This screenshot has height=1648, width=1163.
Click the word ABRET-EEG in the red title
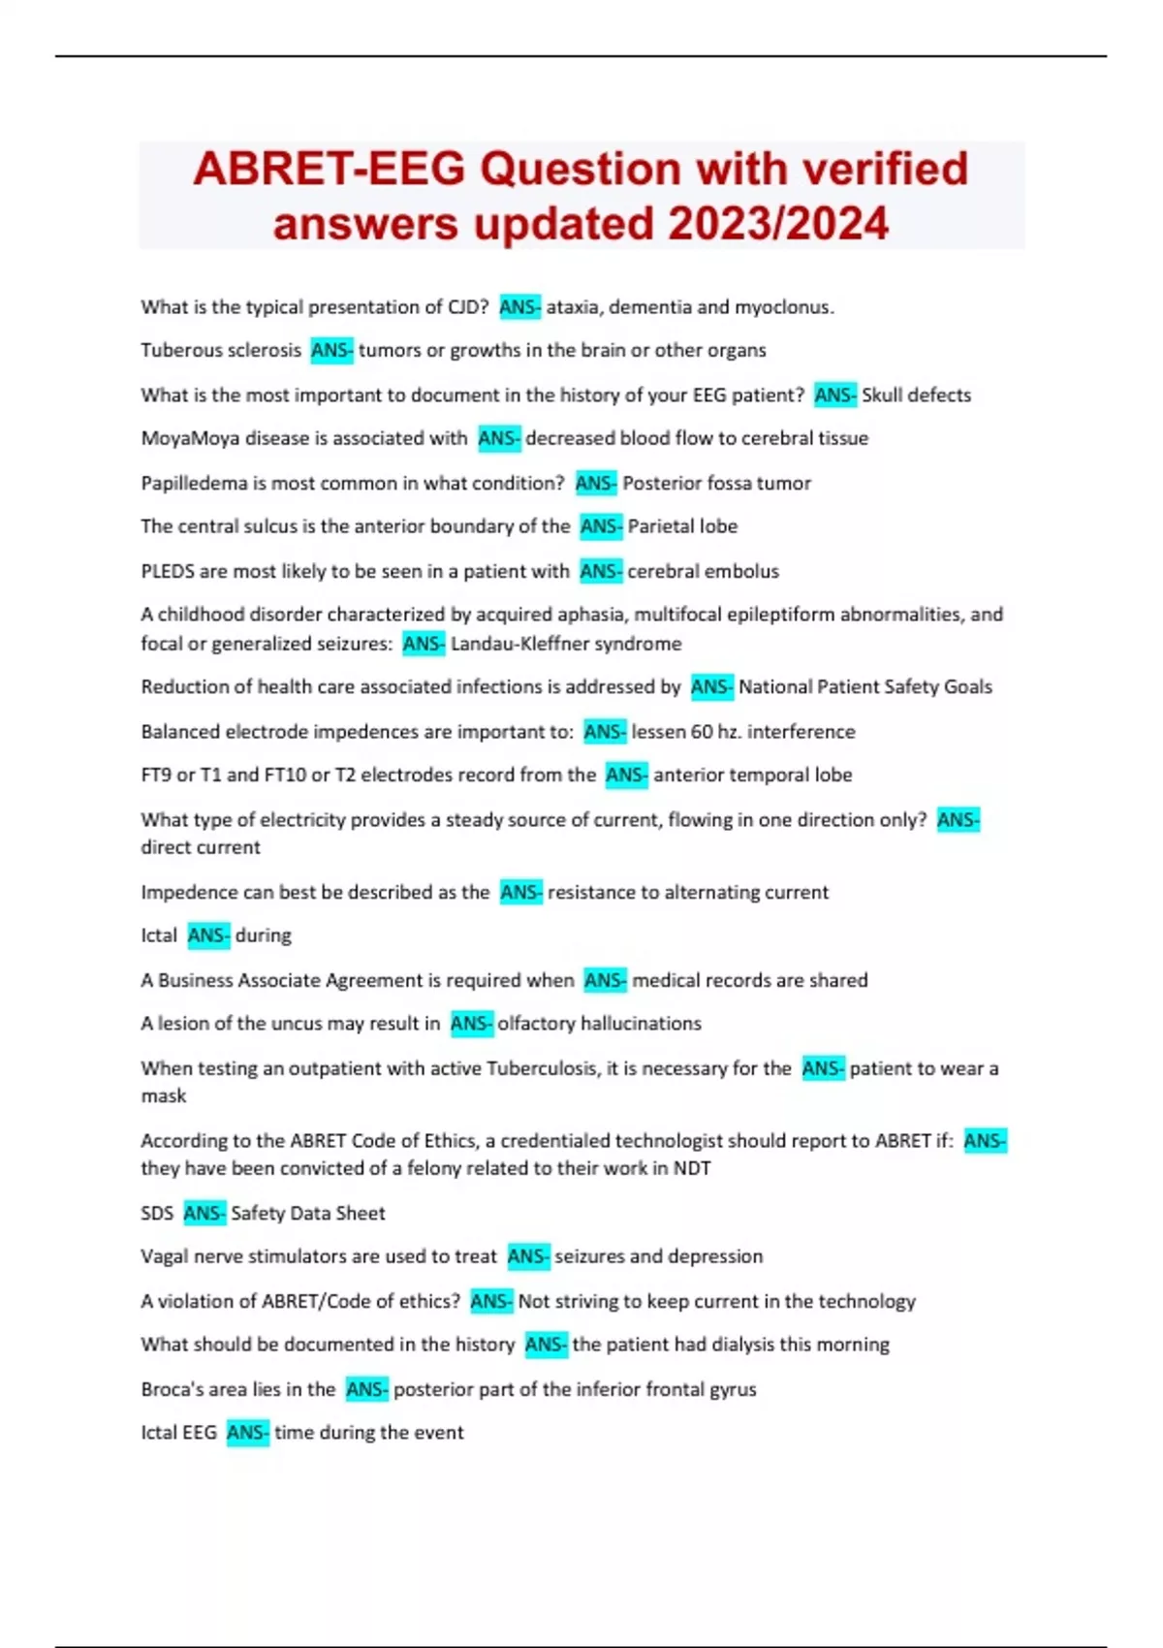click(x=330, y=169)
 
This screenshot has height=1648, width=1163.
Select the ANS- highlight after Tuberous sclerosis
click(x=331, y=350)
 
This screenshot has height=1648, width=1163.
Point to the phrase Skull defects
click(x=916, y=395)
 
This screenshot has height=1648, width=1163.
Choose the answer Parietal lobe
click(x=682, y=526)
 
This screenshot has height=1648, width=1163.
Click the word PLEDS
click(x=168, y=571)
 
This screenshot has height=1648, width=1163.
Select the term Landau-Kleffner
click(x=519, y=644)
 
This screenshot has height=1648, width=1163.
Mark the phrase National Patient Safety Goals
click(x=864, y=687)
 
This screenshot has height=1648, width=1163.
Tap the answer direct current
click(x=201, y=847)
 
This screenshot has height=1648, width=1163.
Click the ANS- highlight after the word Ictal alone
click(x=208, y=935)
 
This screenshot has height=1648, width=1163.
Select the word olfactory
click(x=539, y=1024)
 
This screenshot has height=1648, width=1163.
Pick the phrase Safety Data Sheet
click(x=307, y=1214)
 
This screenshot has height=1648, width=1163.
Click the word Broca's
click(x=169, y=1389)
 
